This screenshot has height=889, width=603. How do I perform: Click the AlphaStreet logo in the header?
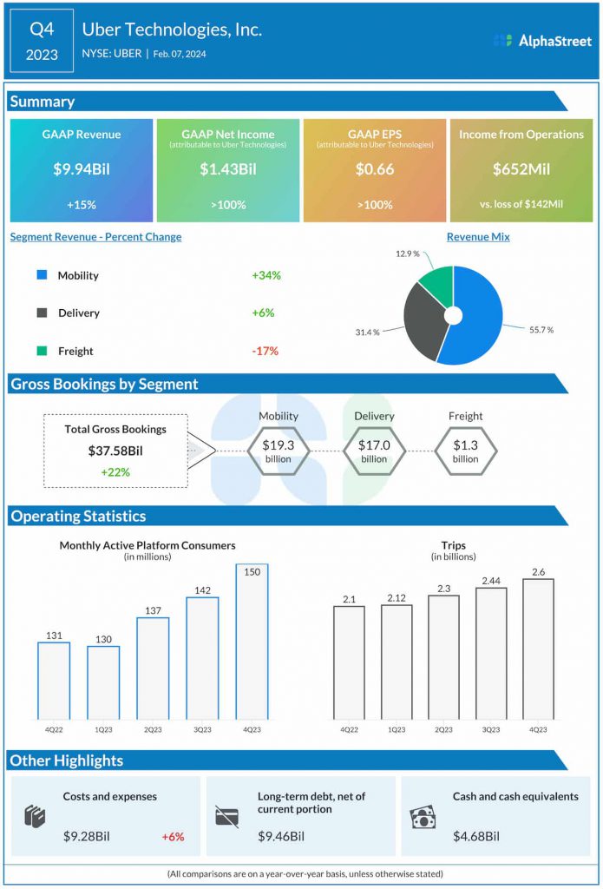click(541, 40)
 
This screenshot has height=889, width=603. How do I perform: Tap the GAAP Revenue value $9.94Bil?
click(82, 169)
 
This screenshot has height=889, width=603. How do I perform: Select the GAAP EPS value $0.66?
click(374, 169)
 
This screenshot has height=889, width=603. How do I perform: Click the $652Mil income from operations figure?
click(521, 169)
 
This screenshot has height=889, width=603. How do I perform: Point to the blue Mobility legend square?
click(42, 275)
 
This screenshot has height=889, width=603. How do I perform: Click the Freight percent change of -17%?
click(265, 351)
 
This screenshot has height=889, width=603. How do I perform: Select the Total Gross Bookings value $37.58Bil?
click(115, 451)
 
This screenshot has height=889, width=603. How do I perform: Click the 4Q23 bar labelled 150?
click(252, 642)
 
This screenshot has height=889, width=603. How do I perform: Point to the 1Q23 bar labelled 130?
click(103, 682)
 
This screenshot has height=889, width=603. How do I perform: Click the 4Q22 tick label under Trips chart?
click(349, 730)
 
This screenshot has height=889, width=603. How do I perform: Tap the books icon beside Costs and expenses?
click(35, 817)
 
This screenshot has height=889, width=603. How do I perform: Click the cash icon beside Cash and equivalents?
click(423, 818)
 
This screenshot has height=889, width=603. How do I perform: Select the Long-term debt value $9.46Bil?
click(281, 836)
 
